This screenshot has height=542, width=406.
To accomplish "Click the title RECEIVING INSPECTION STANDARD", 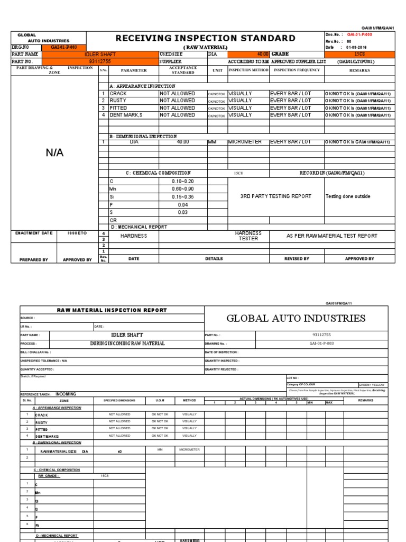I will tap(205, 38).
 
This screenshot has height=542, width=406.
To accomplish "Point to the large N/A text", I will tap(54, 152).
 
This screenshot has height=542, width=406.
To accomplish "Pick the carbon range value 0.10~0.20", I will tap(183, 181).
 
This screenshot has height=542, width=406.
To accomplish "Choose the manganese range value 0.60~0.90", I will tap(183, 188).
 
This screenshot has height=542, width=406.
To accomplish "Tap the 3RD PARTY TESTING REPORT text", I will tap(275, 196).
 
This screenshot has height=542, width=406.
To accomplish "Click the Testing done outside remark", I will tap(348, 196).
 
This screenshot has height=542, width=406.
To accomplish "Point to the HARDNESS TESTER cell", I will tap(248, 236).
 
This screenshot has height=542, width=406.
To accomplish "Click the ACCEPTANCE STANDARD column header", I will tap(183, 70).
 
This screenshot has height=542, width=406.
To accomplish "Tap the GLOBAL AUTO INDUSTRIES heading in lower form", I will tap(296, 318).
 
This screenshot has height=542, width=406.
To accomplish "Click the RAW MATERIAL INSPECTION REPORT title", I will tap(112, 310).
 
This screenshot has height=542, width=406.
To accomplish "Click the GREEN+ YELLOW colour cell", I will tap(372, 384).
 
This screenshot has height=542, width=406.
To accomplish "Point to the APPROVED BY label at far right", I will tap(359, 259).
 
